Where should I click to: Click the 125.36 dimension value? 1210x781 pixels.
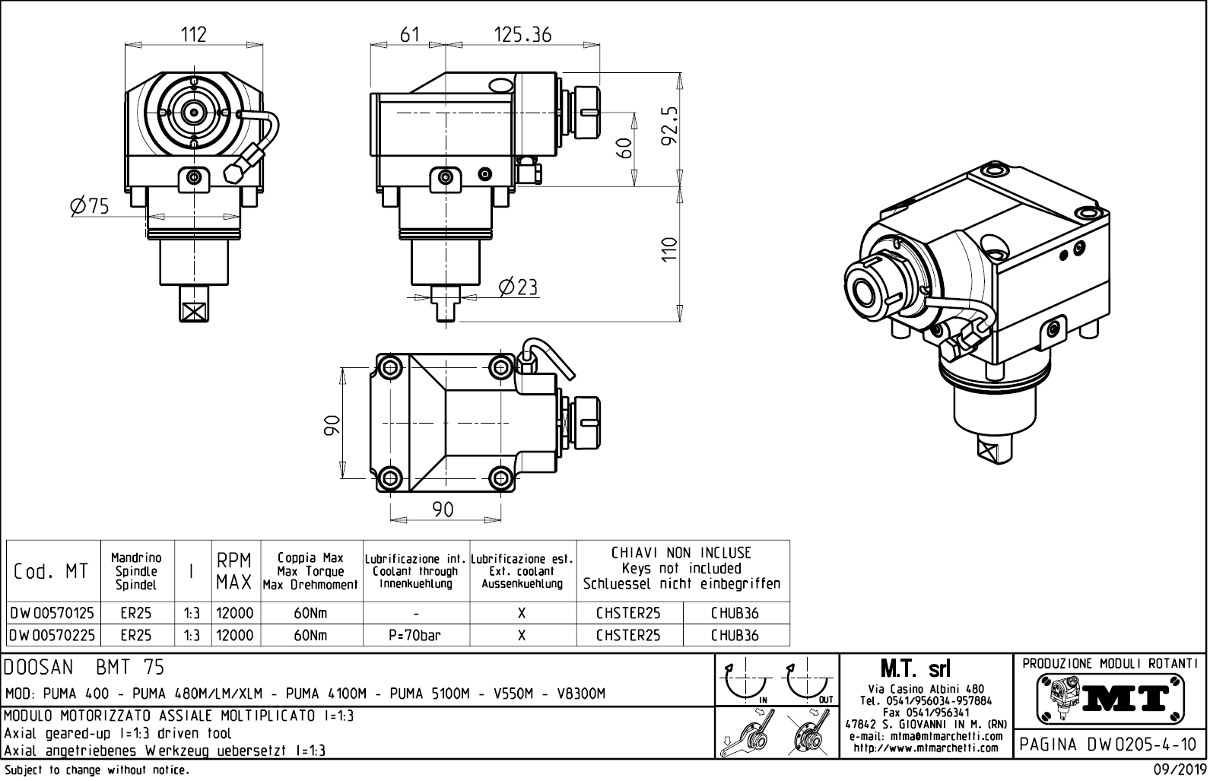[522, 34]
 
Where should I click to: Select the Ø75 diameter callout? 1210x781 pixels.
[90, 205]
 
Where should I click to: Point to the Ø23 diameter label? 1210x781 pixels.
[518, 287]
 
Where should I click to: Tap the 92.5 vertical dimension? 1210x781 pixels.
[670, 129]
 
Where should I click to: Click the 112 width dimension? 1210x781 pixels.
[193, 34]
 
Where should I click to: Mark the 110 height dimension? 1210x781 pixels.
[669, 250]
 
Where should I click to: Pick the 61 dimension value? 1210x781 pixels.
[410, 34]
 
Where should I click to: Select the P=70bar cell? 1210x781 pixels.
[416, 635]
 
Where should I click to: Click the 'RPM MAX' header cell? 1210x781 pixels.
[235, 572]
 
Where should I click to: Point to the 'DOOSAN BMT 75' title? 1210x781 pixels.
[84, 667]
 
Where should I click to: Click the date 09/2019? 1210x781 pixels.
[1179, 770]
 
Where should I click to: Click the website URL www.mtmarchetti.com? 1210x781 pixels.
[926, 748]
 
